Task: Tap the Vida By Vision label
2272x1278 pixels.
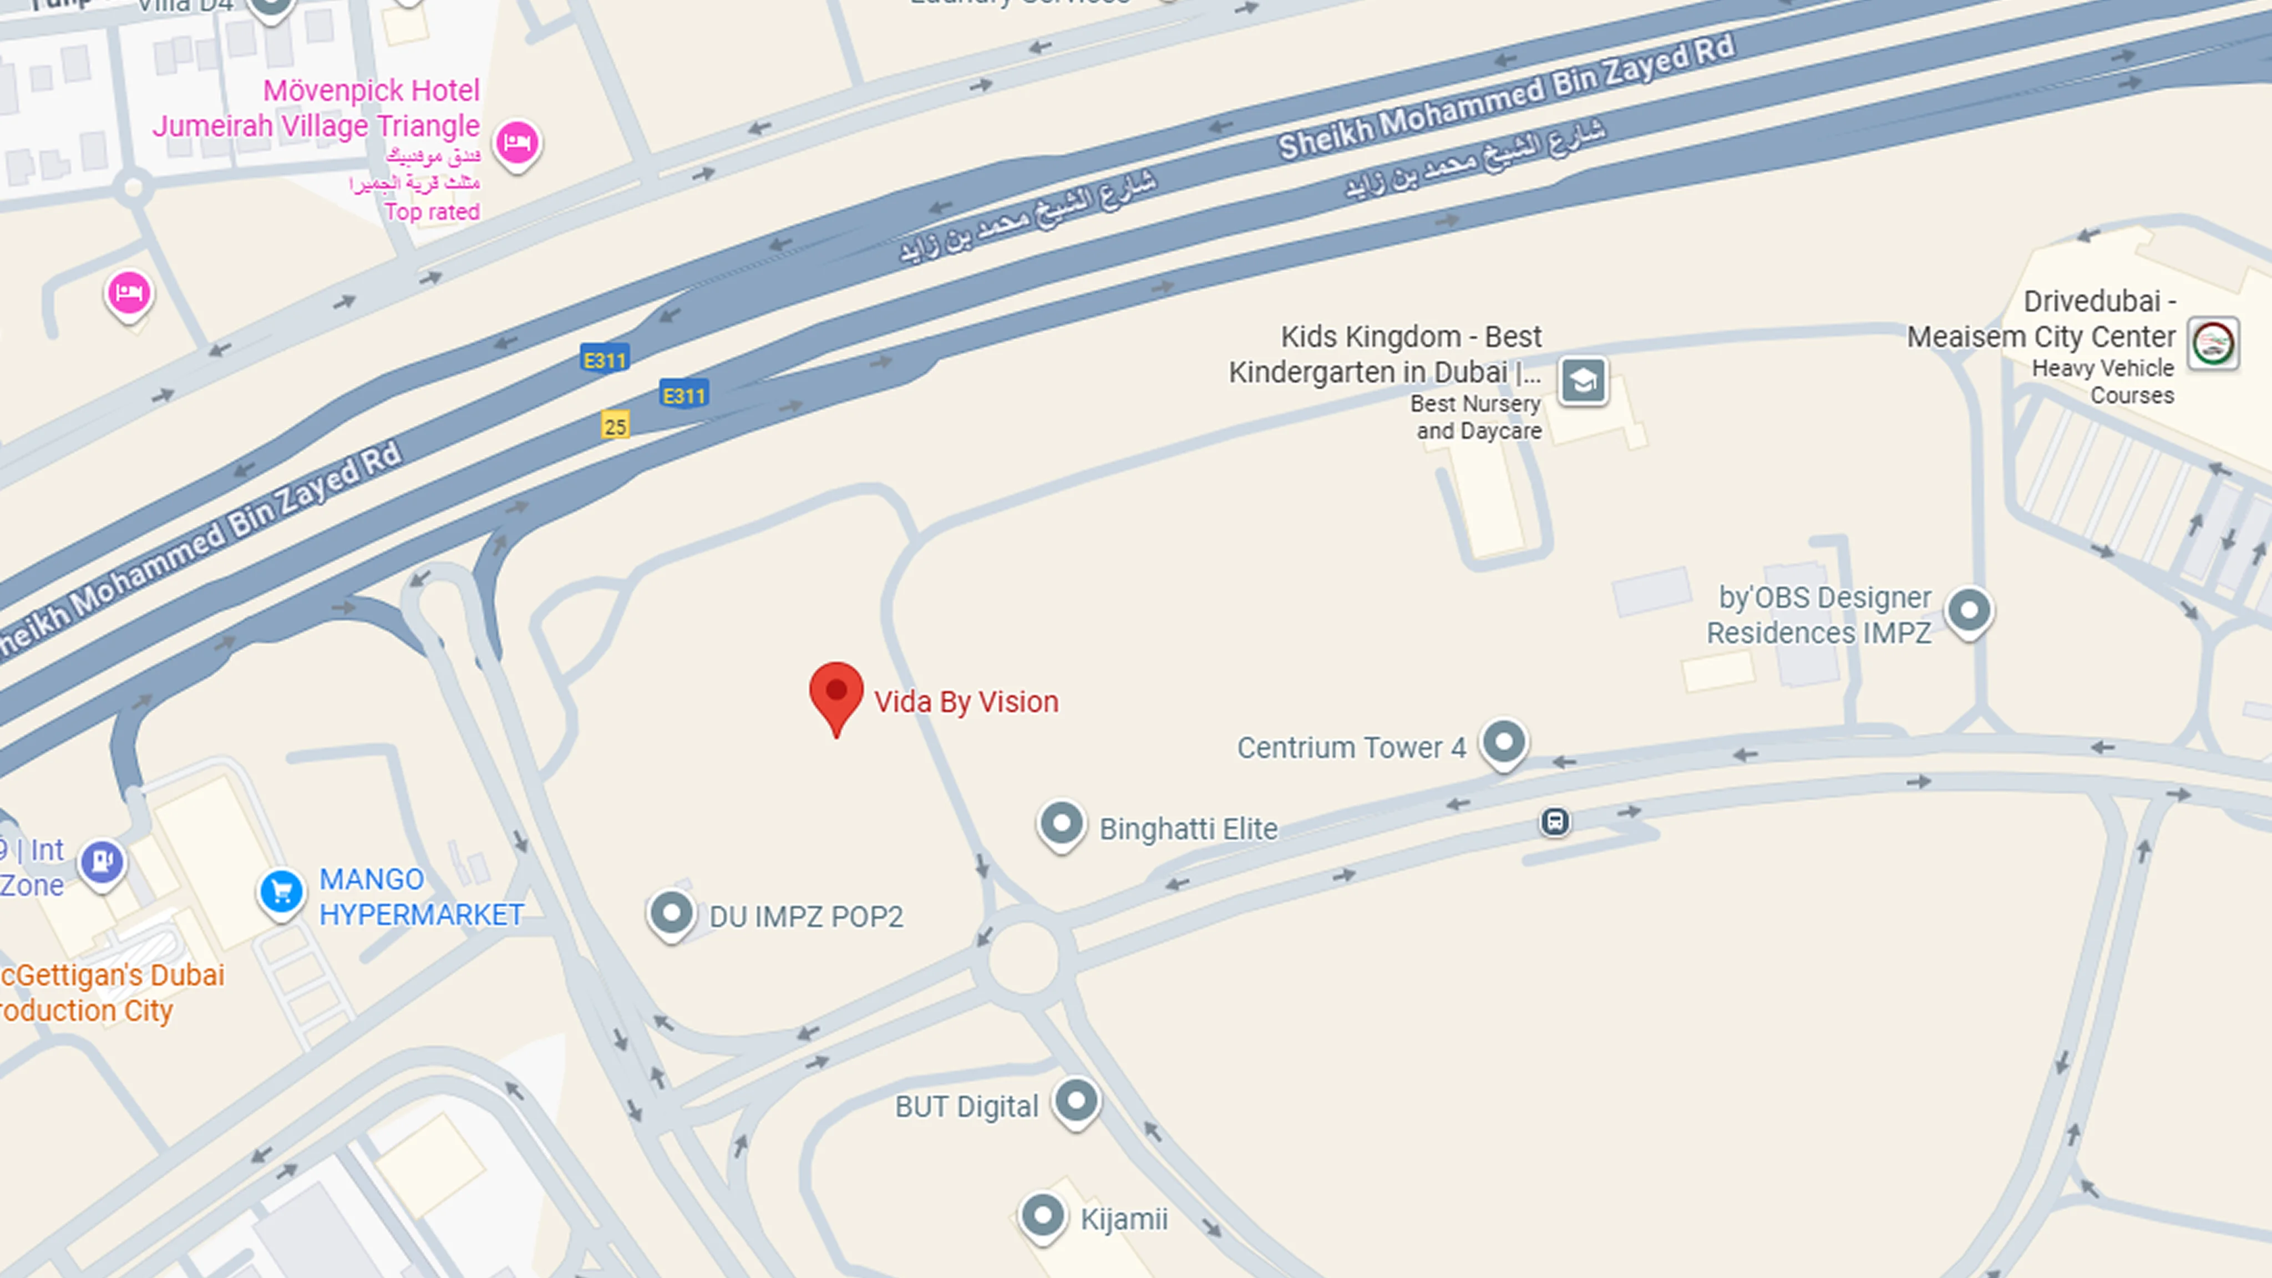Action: (x=966, y=702)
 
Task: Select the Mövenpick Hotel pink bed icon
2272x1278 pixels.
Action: (x=517, y=143)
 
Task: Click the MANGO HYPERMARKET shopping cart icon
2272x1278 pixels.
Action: (x=281, y=892)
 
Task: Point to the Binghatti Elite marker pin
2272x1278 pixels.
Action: (x=1061, y=825)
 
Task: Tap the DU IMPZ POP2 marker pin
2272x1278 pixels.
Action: (x=671, y=914)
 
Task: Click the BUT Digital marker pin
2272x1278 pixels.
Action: (x=1076, y=1100)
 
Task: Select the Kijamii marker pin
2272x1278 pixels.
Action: (x=1042, y=1215)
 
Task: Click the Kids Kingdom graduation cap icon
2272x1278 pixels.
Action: (x=1583, y=381)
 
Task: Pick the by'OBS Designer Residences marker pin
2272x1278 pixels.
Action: (x=1970, y=610)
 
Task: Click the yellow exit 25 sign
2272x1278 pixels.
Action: (x=616, y=426)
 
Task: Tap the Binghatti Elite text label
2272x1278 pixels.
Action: (x=1188, y=829)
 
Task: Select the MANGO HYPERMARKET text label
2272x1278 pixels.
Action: (x=420, y=897)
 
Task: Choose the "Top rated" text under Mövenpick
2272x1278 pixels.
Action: (x=432, y=212)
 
